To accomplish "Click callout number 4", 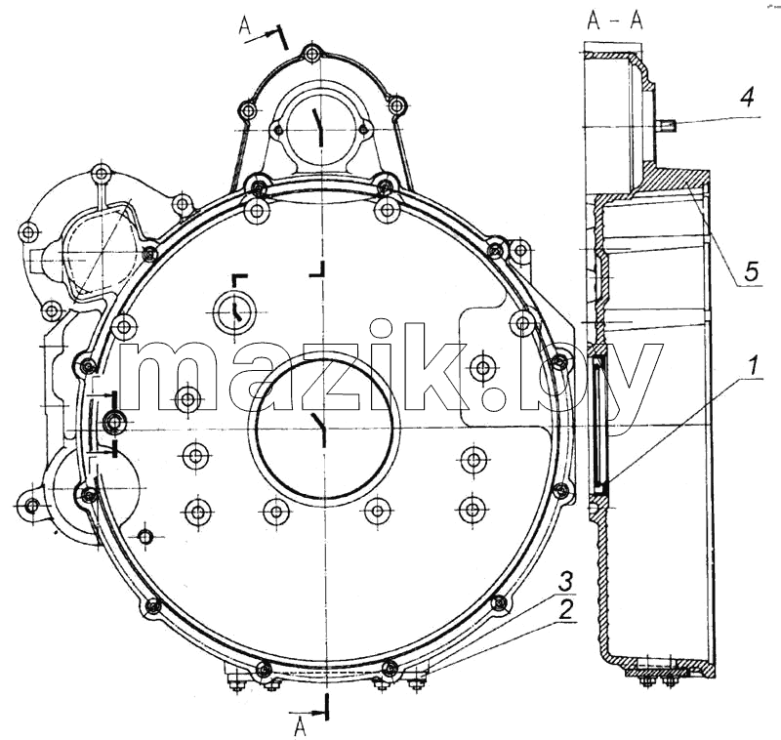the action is pyautogui.click(x=746, y=97).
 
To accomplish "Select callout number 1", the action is pyautogui.click(x=752, y=365).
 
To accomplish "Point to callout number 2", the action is pyautogui.click(x=565, y=610).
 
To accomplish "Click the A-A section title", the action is pyautogui.click(x=616, y=21).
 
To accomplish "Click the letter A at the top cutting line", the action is pyautogui.click(x=245, y=25).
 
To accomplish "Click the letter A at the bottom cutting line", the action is pyautogui.click(x=300, y=727).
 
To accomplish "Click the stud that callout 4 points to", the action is pyautogui.click(x=666, y=122).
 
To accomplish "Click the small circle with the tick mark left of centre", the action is pyautogui.click(x=233, y=312).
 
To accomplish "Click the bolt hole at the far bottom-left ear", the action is pyautogui.click(x=32, y=507).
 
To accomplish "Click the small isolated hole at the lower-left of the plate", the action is pyautogui.click(x=144, y=536).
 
